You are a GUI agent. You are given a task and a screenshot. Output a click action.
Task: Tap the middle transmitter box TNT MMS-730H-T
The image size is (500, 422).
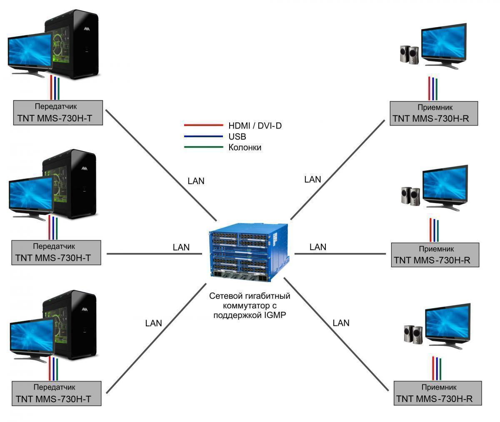coord(57,252)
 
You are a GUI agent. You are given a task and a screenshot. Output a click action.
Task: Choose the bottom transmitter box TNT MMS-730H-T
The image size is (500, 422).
coord(57,393)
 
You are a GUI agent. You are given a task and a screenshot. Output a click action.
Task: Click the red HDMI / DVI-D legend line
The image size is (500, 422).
coord(203,125)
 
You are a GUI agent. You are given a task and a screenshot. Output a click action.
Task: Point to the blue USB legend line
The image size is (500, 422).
coord(203,136)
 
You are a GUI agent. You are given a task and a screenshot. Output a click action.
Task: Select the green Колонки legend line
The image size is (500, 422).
coord(203,147)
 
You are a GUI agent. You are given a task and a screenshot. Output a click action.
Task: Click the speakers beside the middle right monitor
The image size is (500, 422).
coord(410,196)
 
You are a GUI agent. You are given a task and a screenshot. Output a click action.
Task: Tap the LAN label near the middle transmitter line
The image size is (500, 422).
coord(181,247)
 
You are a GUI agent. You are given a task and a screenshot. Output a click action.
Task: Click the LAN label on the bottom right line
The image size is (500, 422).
coord(341,323)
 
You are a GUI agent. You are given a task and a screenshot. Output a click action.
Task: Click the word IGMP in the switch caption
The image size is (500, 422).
coord(273,315)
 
